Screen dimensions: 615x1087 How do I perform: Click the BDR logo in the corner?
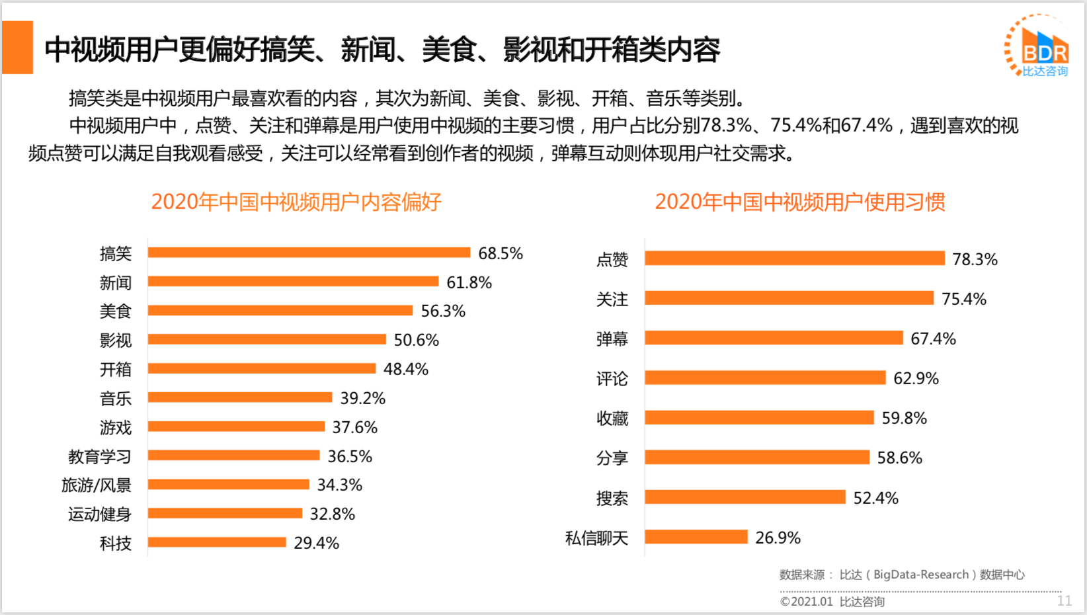click(x=1038, y=46)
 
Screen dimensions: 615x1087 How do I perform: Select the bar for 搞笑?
click(x=309, y=253)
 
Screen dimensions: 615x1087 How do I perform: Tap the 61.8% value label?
click(x=469, y=283)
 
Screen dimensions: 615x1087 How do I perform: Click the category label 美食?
click(x=116, y=311)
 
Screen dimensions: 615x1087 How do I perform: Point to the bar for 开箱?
click(x=262, y=368)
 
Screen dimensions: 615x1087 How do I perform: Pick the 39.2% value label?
click(x=362, y=398)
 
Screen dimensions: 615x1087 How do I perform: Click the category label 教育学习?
click(x=100, y=456)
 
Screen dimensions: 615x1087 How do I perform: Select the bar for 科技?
click(x=217, y=542)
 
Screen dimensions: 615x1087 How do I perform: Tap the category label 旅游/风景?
click(x=97, y=485)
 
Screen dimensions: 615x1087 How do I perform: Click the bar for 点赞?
click(x=795, y=259)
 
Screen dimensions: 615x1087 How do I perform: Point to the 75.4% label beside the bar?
click(x=963, y=299)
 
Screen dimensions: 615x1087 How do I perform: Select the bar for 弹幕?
click(x=774, y=338)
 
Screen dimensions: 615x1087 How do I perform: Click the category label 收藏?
click(x=612, y=419)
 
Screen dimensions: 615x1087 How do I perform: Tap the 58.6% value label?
click(x=899, y=458)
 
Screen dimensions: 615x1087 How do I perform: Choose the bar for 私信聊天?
click(x=696, y=537)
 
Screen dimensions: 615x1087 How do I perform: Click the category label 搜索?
click(x=612, y=499)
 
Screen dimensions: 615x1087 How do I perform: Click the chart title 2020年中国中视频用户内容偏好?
click(x=296, y=202)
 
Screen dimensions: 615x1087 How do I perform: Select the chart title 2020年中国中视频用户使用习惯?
click(x=800, y=202)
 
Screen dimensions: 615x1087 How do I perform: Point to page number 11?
click(x=1064, y=600)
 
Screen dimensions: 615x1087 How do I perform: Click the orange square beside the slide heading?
click(x=18, y=48)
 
